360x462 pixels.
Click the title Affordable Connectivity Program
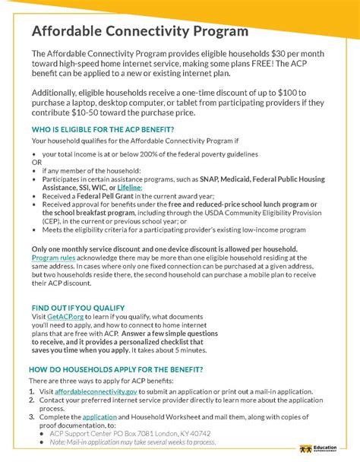(140, 32)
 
